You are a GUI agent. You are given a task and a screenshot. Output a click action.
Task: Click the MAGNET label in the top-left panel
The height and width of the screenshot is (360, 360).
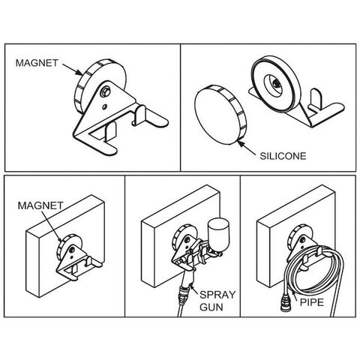[x=37, y=63]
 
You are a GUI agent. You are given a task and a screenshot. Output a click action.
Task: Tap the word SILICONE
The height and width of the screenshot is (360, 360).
[x=283, y=156]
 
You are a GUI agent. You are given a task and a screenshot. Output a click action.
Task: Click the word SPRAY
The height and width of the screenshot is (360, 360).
[x=217, y=295]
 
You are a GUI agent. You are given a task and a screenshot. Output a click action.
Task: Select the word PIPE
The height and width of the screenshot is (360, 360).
[x=311, y=302]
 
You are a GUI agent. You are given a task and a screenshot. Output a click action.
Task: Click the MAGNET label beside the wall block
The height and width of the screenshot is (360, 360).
[x=40, y=205]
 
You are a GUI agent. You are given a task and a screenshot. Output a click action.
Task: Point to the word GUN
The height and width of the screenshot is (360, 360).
[x=211, y=307]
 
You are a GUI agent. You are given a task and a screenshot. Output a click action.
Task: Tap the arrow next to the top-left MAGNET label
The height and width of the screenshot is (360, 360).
[x=72, y=69]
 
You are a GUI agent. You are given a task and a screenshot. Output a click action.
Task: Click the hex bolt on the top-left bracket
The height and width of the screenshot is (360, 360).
[x=105, y=92]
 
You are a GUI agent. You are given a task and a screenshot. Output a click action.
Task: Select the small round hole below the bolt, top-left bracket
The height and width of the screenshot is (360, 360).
[x=104, y=107]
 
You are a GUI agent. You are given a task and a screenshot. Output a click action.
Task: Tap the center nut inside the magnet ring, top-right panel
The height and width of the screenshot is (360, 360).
[x=275, y=84]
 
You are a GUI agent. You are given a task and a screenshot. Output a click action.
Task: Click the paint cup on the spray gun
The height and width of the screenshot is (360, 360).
[x=218, y=234]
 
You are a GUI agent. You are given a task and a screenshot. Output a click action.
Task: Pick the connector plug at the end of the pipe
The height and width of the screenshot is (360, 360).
[x=285, y=303]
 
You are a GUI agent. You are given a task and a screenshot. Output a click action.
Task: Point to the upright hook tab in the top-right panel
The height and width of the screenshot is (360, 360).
[x=314, y=98]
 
